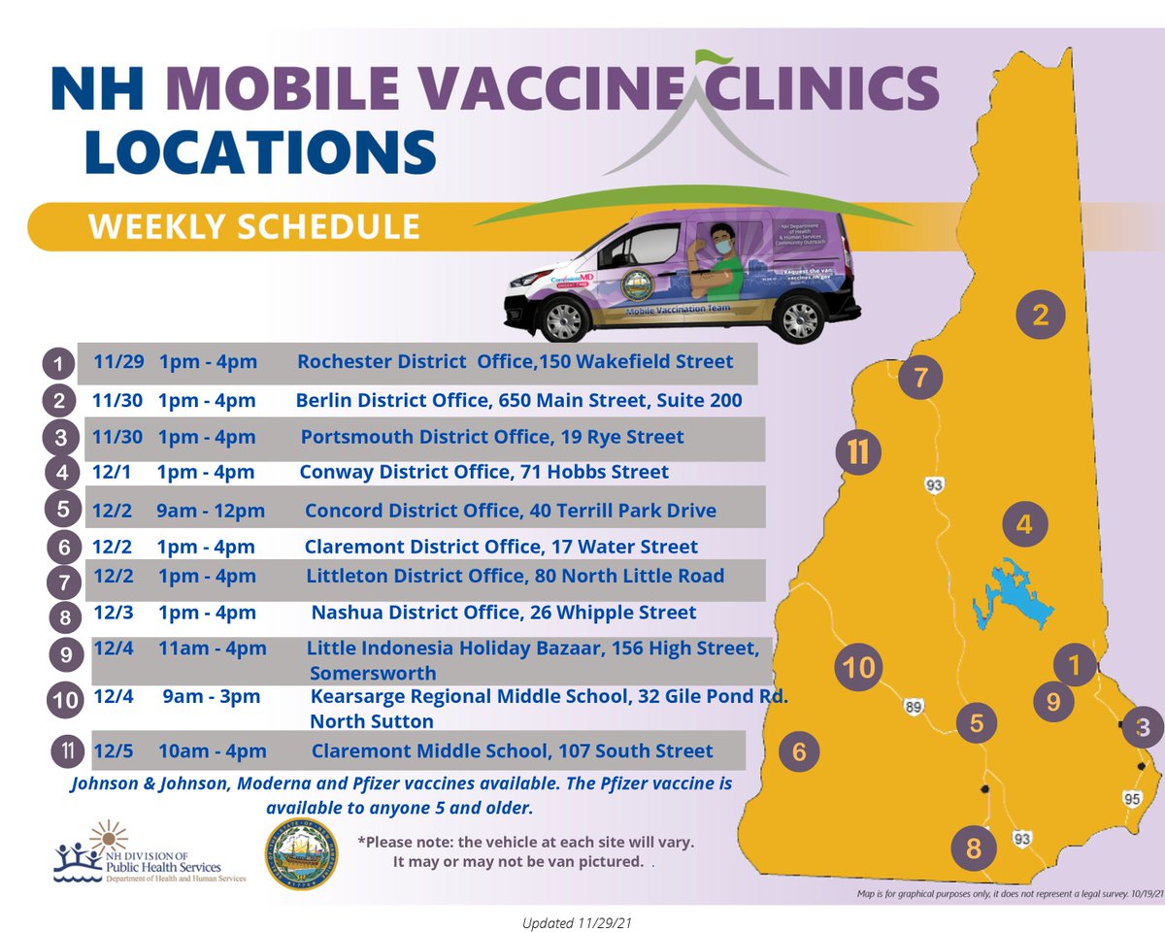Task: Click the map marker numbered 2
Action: [x=1041, y=315]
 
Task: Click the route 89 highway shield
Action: [x=913, y=708]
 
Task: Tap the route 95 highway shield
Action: [x=1131, y=798]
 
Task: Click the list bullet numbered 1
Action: [x=59, y=365]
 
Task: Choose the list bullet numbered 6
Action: [x=64, y=548]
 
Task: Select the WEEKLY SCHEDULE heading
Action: [x=254, y=226]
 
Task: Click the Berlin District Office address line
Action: [x=518, y=400]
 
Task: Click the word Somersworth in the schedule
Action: [x=373, y=674]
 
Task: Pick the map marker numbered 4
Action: [x=1023, y=525]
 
